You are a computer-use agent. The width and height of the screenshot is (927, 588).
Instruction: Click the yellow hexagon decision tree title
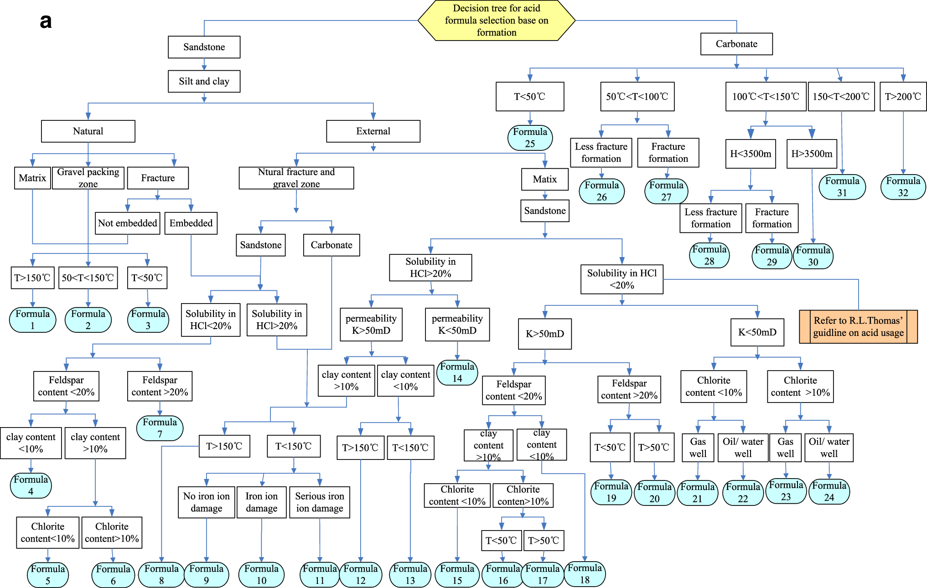[496, 21]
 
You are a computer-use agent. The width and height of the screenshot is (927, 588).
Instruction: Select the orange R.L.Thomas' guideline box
[858, 327]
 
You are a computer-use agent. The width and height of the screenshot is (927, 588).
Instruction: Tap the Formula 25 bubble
[530, 138]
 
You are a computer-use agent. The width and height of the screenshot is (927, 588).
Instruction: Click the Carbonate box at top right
[736, 44]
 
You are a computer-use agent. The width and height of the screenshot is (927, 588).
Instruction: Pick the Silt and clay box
[204, 81]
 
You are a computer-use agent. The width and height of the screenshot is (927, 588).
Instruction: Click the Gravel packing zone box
[88, 178]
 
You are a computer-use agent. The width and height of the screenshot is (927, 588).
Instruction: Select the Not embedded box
[127, 223]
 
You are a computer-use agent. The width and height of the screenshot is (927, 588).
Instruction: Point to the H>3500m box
[812, 154]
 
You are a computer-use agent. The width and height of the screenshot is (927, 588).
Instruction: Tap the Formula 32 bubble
[903, 187]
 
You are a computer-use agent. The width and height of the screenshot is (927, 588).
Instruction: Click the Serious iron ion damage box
[319, 502]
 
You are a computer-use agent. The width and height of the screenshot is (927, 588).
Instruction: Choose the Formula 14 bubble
[457, 372]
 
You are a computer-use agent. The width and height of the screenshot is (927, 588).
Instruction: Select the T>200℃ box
[903, 97]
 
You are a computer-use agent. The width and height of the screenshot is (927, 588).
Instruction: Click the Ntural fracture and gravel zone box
[296, 178]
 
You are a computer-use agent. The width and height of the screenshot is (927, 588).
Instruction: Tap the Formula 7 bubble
[160, 428]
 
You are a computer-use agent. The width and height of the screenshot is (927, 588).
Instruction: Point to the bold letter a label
[46, 21]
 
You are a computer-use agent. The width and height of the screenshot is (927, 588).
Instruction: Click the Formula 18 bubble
[585, 574]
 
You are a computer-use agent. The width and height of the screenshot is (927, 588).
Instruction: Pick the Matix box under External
[544, 179]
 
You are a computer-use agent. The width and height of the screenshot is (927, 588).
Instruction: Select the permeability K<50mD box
[457, 324]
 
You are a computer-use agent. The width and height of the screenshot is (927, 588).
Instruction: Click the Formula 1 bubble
[32, 320]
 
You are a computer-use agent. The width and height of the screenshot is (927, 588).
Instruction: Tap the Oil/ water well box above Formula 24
[829, 448]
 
